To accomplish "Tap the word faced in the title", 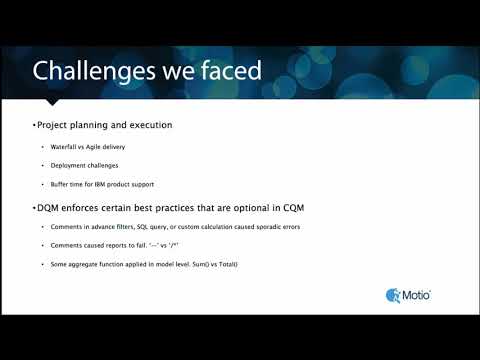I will point(227,71).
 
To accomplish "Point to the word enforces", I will point(98,207).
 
